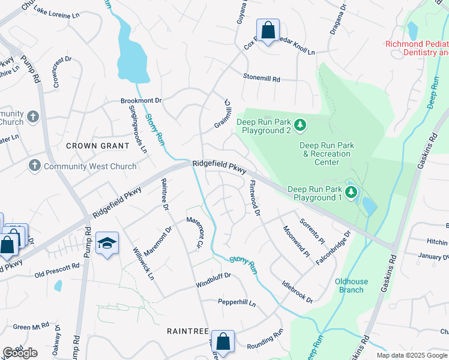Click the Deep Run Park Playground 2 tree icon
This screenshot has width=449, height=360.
(x=301, y=125)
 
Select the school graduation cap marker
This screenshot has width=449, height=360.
(x=107, y=243)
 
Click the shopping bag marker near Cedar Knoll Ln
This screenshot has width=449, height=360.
(x=268, y=29)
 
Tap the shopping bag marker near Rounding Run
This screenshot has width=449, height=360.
(x=223, y=341)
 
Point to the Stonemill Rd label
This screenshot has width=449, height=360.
(x=261, y=79)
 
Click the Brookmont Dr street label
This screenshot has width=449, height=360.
(x=142, y=101)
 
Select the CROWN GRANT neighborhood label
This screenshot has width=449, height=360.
(x=97, y=146)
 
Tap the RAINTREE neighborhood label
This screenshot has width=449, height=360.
(x=187, y=331)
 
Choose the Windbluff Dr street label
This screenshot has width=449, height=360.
(x=213, y=283)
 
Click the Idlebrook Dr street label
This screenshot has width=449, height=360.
(x=297, y=290)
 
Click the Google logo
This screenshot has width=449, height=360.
(x=20, y=353)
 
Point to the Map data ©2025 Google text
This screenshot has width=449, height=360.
(x=411, y=355)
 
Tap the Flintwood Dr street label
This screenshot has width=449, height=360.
(x=255, y=198)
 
